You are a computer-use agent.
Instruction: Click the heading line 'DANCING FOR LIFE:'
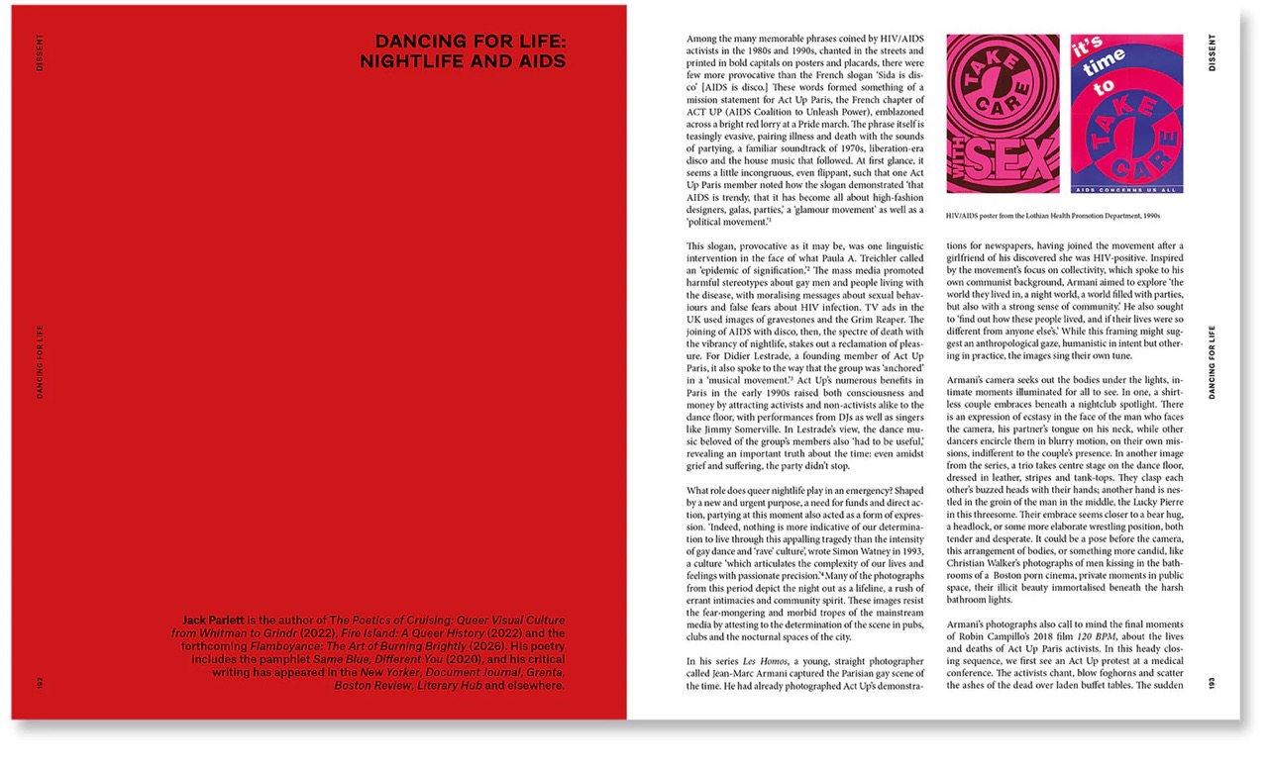coord(470,42)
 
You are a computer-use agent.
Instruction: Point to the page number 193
coord(1214,683)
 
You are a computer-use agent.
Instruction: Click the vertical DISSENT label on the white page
coord(1213,52)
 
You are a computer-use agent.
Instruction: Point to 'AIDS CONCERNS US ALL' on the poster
coord(1127,186)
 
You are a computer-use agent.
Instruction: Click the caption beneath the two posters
coord(1052,215)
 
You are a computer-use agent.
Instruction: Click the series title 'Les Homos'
coord(765,660)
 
